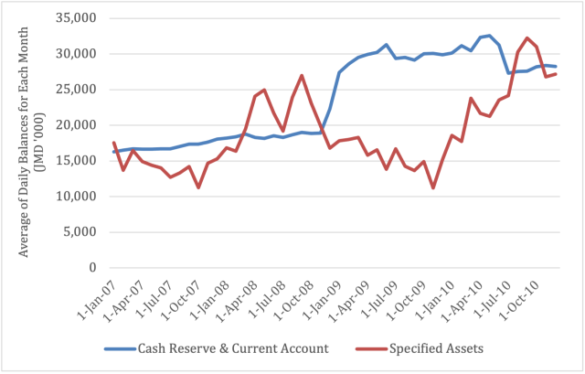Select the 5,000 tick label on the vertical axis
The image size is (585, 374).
tap(84, 232)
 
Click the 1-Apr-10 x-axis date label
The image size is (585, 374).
tap(463, 297)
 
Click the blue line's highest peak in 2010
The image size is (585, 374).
tap(489, 36)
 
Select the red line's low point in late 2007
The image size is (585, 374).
tap(198, 187)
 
